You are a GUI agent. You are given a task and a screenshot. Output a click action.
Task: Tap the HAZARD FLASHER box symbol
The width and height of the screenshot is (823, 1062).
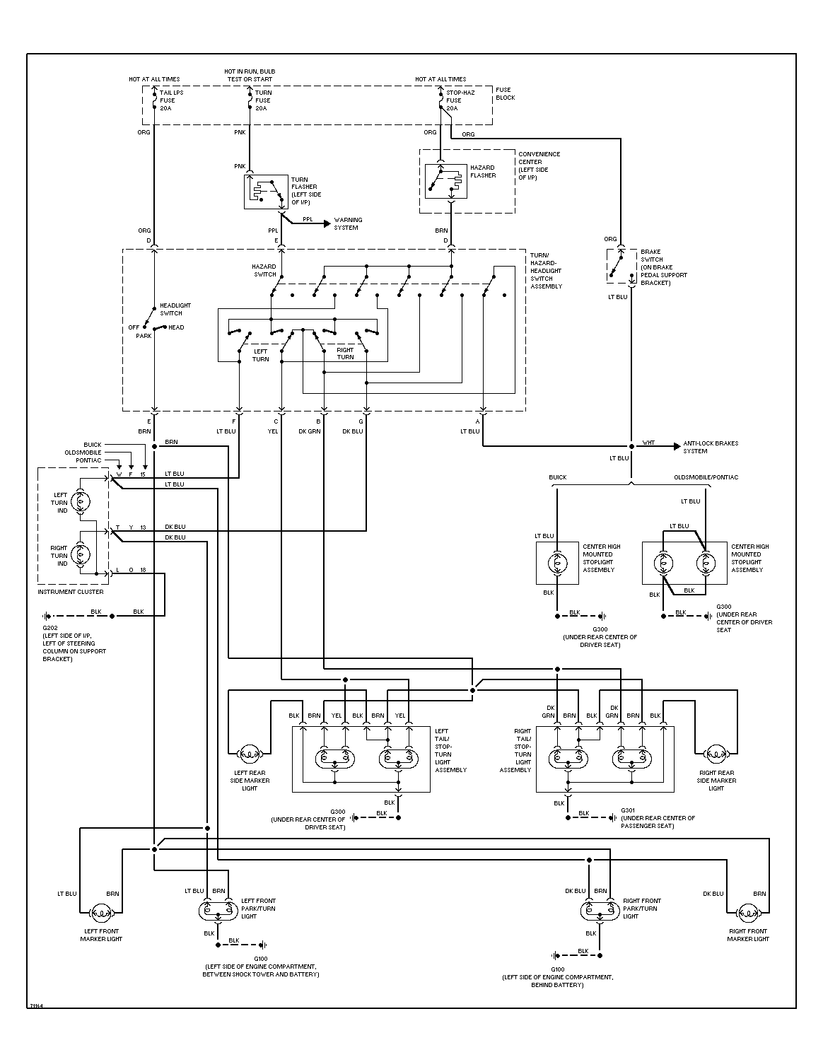pos(445,181)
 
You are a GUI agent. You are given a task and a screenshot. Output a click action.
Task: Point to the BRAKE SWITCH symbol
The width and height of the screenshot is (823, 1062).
pos(621,266)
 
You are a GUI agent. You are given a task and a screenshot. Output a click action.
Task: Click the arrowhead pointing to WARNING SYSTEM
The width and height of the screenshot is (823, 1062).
pos(327,224)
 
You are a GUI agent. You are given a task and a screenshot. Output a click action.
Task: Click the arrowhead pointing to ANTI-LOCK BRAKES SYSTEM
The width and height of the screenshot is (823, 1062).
pos(677,446)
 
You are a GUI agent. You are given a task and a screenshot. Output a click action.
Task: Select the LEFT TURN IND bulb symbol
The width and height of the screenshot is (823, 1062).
pos(80,501)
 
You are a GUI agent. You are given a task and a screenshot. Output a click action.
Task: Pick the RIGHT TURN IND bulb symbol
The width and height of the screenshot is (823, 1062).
pos(80,554)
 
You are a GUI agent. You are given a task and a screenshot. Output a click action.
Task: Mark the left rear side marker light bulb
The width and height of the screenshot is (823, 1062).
pos(250,754)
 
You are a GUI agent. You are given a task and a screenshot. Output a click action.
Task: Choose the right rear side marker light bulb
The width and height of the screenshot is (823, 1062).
pos(716,754)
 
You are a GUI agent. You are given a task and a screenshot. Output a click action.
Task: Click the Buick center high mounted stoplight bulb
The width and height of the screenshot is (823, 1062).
pos(557,563)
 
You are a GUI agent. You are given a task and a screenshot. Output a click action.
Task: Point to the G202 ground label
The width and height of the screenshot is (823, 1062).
pos(50,628)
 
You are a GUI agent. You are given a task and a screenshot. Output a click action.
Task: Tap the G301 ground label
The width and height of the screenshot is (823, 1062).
pos(629,810)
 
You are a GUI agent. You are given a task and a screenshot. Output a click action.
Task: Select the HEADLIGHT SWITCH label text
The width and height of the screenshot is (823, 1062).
pos(175,310)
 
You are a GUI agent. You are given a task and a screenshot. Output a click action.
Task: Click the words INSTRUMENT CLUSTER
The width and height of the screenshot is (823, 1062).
pos(71,592)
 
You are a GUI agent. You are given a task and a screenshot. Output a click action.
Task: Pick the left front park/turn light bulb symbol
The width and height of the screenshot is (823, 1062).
pos(218,910)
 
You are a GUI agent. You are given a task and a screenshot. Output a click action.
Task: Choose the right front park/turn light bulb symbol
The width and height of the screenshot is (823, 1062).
pos(600,910)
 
